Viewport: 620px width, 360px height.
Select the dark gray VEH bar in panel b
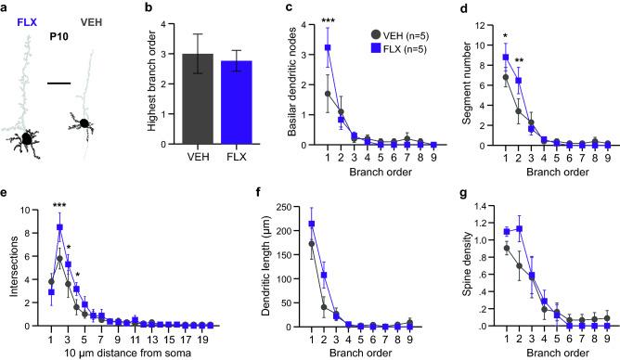pos(203,97)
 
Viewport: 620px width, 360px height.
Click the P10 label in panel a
pos(58,39)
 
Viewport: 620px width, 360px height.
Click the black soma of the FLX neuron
pos(30,139)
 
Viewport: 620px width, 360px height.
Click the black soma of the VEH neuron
pos(84,122)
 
